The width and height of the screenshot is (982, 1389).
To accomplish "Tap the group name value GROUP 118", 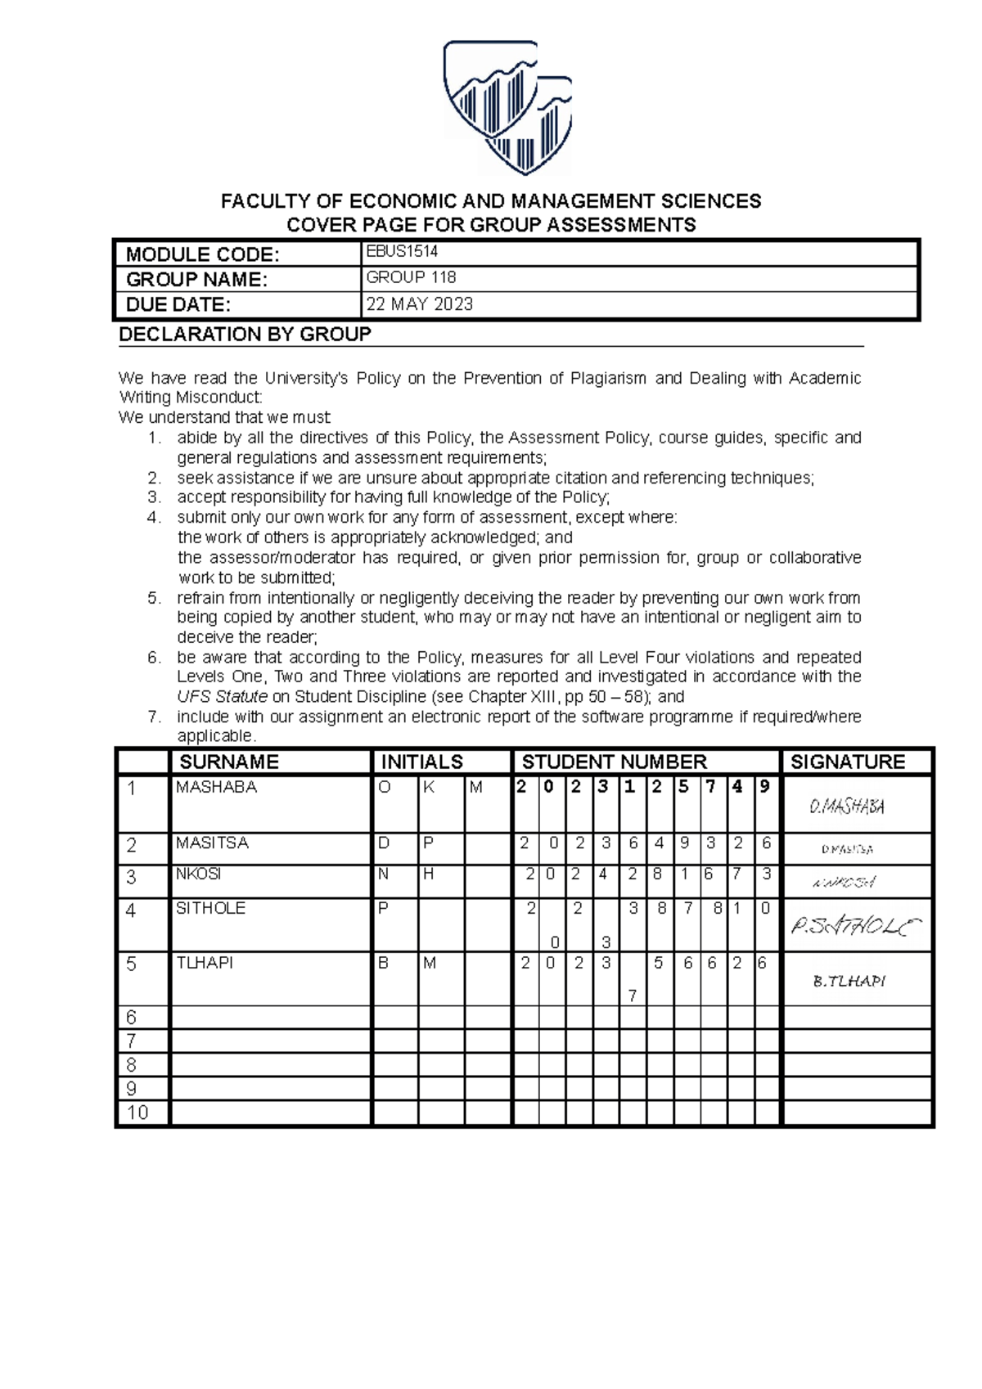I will coord(411,277).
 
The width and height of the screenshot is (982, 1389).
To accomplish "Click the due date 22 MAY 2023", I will coord(419,304).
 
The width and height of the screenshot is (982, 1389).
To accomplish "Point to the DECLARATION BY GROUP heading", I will coord(245,334).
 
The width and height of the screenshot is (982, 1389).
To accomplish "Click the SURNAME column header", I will coord(228,762).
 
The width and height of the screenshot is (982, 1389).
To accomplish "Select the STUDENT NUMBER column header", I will coord(614,762).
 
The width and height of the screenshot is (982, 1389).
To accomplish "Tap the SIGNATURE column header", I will coord(847,762).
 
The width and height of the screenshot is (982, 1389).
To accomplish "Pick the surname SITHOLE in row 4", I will coord(210,908).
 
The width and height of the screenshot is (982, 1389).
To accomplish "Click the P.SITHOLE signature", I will coord(855,926).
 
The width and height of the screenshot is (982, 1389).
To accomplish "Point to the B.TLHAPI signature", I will coord(849,981).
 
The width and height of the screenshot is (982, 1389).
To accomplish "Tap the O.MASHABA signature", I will coord(846,807).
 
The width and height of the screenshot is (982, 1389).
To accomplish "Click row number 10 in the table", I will coord(137,1113).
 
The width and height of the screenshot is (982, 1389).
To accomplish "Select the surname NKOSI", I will coord(198,874).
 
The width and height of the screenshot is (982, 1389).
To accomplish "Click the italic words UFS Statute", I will coord(222,697).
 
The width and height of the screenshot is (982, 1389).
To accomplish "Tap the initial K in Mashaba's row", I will coord(429,787).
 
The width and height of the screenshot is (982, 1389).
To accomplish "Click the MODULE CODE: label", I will coord(202,254).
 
